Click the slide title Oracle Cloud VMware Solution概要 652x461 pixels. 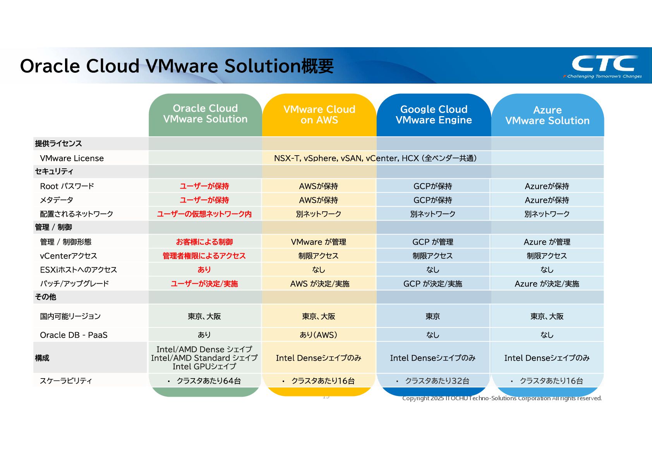177,66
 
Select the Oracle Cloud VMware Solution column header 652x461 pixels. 205,114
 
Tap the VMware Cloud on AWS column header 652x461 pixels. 319,115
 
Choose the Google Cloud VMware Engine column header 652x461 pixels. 434,115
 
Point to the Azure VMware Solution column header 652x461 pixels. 547,115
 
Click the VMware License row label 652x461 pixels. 72,158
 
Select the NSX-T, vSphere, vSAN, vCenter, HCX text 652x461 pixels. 375,158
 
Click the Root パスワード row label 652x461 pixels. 67,186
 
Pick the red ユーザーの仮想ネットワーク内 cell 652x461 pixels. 204,214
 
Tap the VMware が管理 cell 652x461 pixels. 319,242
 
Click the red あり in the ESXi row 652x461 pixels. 204,270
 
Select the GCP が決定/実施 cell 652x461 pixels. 433,284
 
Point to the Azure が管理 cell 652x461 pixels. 547,242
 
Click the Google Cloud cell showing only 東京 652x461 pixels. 433,316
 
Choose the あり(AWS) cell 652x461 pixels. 319,335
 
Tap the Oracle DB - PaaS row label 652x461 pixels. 74,335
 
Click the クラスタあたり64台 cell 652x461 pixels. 209,381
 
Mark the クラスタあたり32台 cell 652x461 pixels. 437,381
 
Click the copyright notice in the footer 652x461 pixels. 502,398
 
